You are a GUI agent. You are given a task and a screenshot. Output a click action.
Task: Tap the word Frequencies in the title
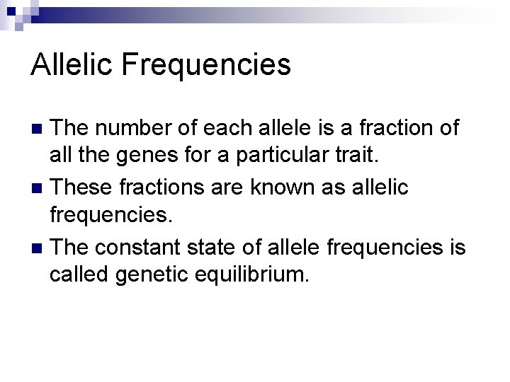[206, 65]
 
